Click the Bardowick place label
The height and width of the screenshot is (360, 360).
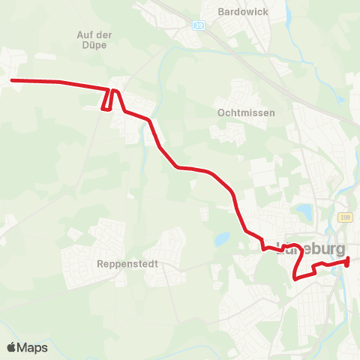pyautogui.click(x=236, y=12)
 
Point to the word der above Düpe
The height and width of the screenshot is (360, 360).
pyautogui.click(x=107, y=34)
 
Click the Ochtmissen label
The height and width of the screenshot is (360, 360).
pyautogui.click(x=247, y=112)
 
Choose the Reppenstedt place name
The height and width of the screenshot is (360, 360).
pyautogui.click(x=123, y=264)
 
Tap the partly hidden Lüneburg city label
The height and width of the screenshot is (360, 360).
pyautogui.click(x=310, y=248)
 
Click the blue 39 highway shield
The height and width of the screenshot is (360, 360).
pyautogui.click(x=198, y=25)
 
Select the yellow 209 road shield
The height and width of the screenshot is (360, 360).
pyautogui.click(x=344, y=217)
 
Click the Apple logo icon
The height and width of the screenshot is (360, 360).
pyautogui.click(x=13, y=347)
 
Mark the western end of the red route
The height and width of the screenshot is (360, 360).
pyautogui.click(x=11, y=80)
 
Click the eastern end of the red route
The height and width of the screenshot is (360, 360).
pyautogui.click(x=349, y=260)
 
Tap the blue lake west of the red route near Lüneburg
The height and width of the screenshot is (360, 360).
pyautogui.click(x=221, y=240)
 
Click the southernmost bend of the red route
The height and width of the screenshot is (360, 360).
pyautogui.click(x=297, y=278)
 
